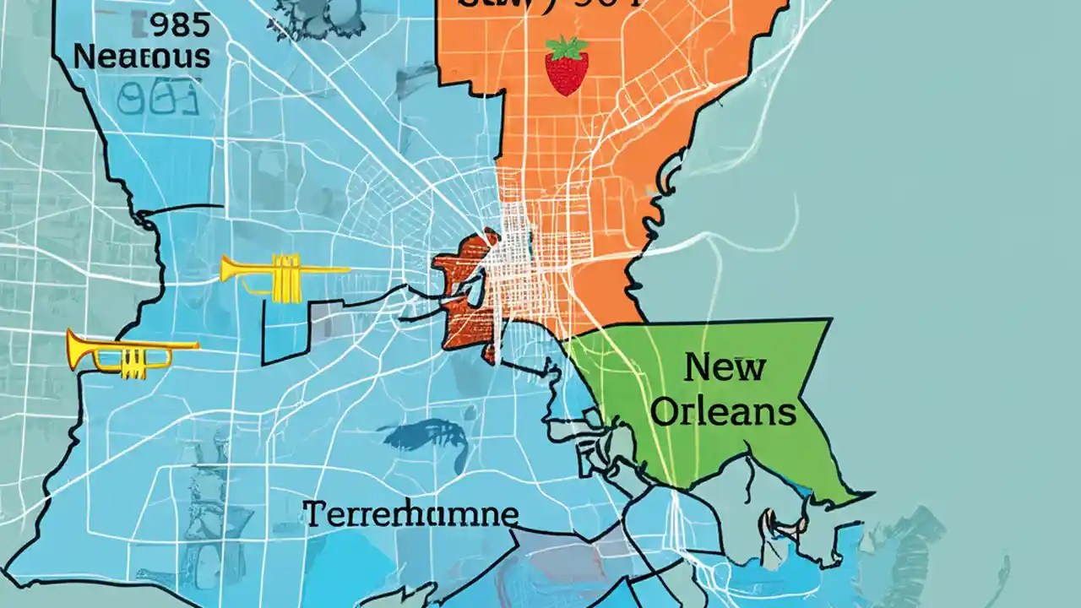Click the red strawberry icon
566,68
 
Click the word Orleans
725,411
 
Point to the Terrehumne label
410,514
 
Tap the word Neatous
141,57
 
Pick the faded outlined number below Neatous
156,99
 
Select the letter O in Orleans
667,411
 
